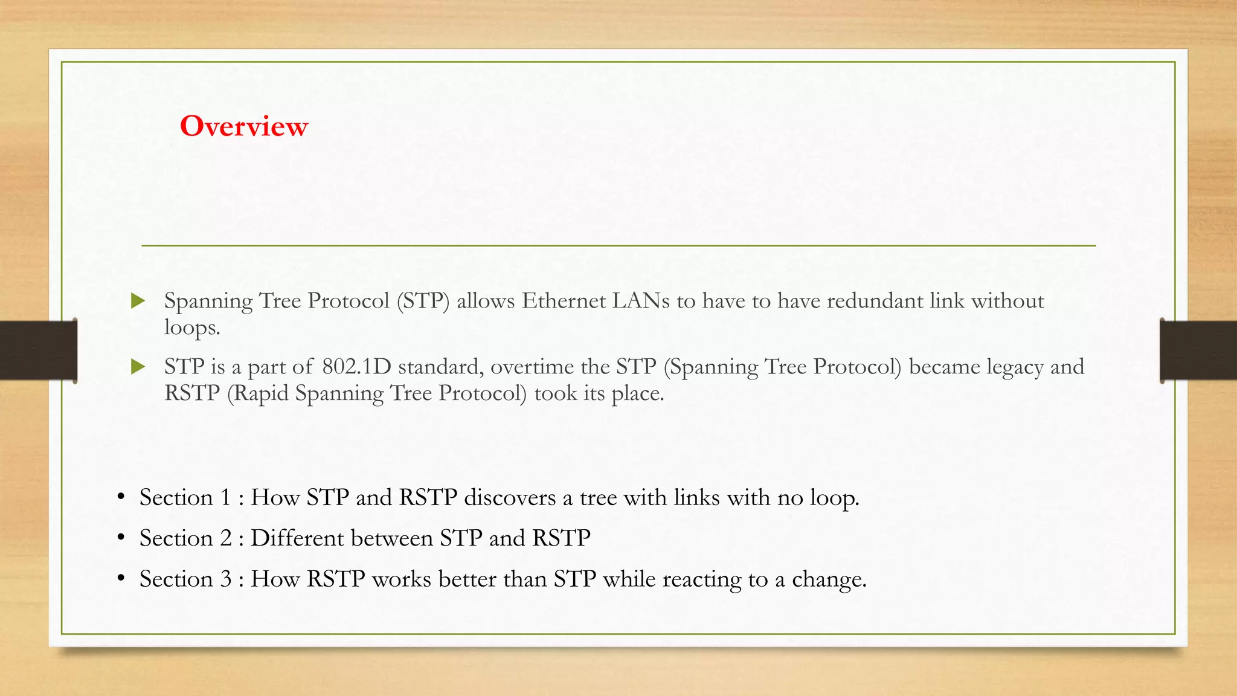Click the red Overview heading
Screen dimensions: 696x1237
244,126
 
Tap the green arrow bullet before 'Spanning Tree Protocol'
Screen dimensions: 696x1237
138,300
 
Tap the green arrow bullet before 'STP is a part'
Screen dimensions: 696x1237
138,366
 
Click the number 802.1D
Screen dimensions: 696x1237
356,366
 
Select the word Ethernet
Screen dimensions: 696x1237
564,300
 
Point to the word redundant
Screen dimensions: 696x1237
875,300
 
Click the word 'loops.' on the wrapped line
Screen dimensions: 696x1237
192,327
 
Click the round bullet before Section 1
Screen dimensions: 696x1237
121,497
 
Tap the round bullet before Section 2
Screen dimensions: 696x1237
121,537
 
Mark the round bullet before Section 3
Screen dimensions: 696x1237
121,578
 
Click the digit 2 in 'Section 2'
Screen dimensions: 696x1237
226,538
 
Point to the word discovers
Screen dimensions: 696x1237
510,497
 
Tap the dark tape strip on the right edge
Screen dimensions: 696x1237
1198,350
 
